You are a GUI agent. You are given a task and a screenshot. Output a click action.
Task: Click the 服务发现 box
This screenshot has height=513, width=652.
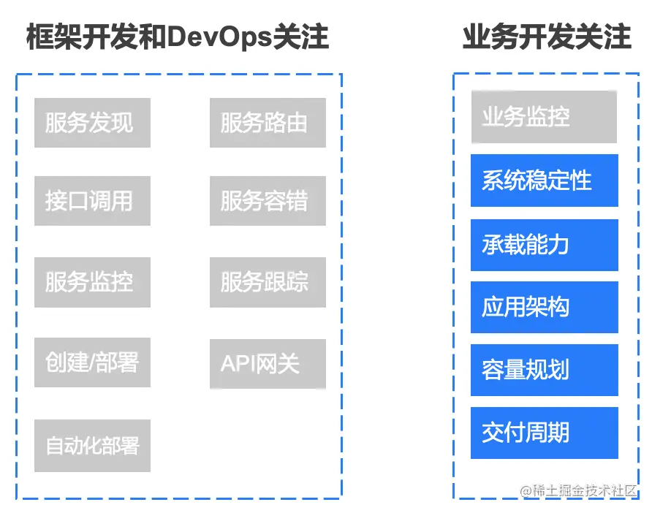click(x=92, y=123)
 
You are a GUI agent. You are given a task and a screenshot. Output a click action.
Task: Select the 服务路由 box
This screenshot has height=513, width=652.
click(x=268, y=123)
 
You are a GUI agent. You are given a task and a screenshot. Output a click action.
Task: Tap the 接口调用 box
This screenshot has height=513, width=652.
click(x=92, y=201)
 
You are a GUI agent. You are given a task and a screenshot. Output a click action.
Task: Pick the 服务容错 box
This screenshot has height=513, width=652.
click(x=268, y=201)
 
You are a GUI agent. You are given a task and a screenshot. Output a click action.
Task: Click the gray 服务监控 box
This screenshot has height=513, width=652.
click(x=92, y=282)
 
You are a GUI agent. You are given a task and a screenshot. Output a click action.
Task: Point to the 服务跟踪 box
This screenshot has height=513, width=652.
click(x=268, y=282)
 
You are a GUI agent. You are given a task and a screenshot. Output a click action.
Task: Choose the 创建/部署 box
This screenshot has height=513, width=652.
click(x=92, y=362)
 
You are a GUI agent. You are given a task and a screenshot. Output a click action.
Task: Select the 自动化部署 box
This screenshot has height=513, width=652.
click(x=92, y=445)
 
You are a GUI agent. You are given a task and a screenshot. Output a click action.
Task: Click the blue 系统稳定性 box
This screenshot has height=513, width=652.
click(x=544, y=180)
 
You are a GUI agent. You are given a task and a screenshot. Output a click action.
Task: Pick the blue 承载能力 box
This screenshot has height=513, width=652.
click(x=544, y=244)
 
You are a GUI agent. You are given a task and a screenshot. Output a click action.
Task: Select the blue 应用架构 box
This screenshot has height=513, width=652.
click(x=544, y=307)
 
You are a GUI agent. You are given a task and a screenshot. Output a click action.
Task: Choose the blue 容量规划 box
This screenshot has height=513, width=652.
click(x=544, y=370)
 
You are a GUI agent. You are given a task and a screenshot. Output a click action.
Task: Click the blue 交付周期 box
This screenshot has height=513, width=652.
click(x=544, y=433)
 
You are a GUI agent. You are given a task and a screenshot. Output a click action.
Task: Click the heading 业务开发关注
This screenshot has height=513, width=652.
click(x=546, y=37)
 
